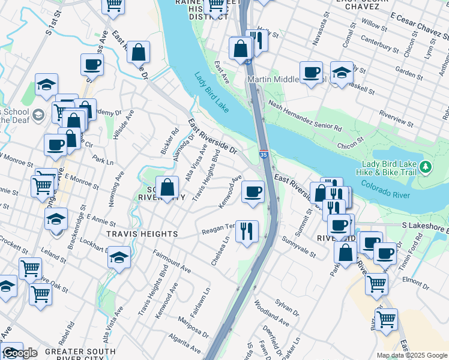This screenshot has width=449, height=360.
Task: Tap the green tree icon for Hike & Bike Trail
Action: pos(426,166)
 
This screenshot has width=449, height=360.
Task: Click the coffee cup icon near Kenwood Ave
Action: pos(252,191)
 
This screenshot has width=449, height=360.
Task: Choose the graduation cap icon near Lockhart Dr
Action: pos(119,257)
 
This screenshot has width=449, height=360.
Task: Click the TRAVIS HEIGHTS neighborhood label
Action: pos(142,233)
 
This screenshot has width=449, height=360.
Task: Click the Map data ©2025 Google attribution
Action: pos(411,355)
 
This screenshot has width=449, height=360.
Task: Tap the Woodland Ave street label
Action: pos(271,314)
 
